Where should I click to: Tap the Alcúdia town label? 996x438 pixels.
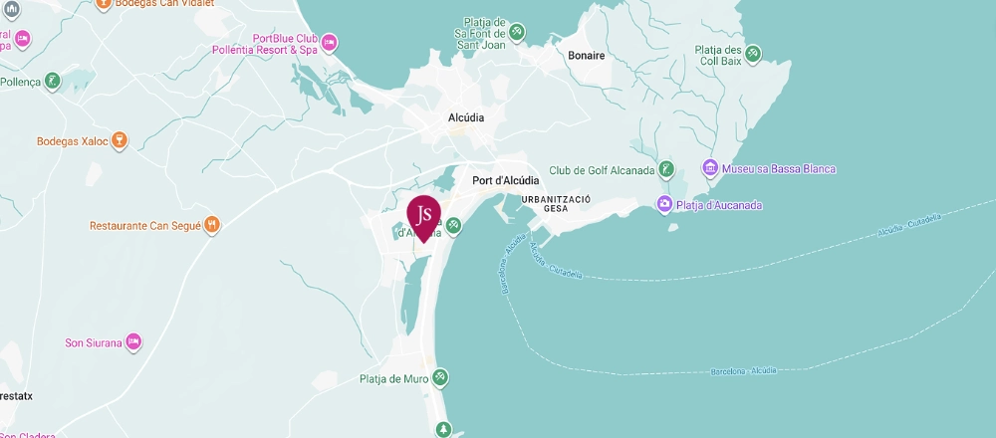[466, 117]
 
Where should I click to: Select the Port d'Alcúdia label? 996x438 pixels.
[505, 180]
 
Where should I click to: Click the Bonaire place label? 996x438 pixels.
[586, 56]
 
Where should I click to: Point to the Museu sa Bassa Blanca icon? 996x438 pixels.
[710, 168]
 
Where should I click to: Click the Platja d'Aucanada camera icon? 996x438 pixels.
[664, 205]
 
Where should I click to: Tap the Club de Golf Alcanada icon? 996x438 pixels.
[667, 169]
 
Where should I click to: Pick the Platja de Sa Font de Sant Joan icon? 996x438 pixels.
[517, 32]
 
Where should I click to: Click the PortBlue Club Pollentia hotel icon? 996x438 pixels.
[330, 42]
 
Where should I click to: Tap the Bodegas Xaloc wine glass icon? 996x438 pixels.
[119, 141]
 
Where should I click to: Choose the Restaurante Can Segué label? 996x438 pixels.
[145, 226]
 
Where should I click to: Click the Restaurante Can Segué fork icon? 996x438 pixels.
[212, 226]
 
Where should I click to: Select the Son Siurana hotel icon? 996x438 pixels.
[132, 343]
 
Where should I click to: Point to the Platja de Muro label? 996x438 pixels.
[393, 378]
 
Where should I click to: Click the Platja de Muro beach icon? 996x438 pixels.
[440, 378]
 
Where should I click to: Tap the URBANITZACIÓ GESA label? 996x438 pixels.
[557, 204]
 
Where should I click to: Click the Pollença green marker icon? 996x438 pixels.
[53, 81]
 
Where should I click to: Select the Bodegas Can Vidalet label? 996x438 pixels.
[167, 4]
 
